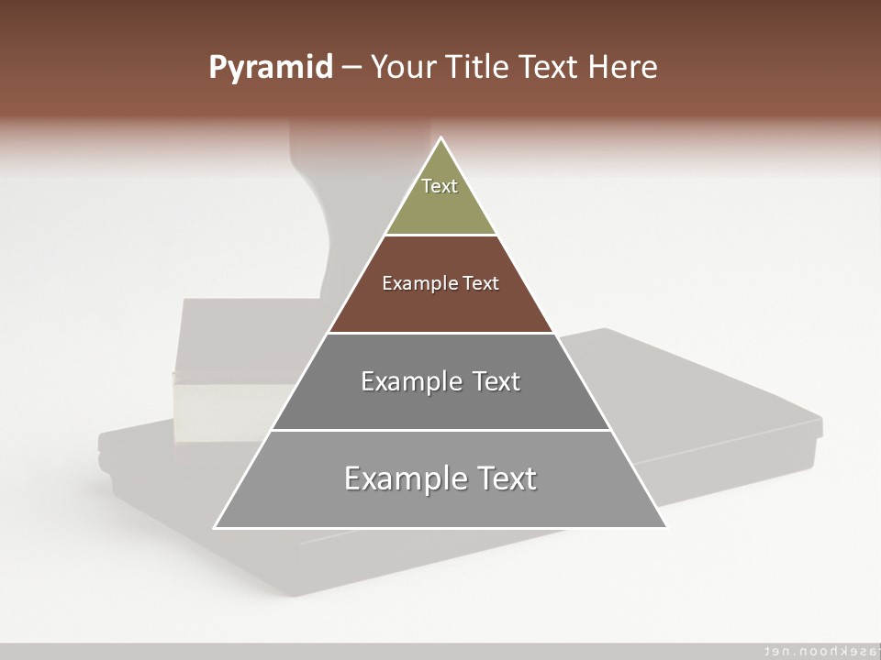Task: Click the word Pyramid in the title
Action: click(271, 68)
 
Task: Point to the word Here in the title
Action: click(622, 68)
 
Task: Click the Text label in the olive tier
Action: click(440, 186)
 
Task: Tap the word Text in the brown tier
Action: click(482, 283)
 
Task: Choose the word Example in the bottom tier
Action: click(404, 479)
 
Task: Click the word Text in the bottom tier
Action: click(505, 478)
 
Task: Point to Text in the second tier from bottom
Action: click(496, 381)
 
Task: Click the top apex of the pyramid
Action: click(441, 138)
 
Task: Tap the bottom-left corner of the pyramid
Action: click(216, 527)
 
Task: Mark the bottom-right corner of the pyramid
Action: click(665, 527)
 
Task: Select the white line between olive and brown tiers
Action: click(440, 236)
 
